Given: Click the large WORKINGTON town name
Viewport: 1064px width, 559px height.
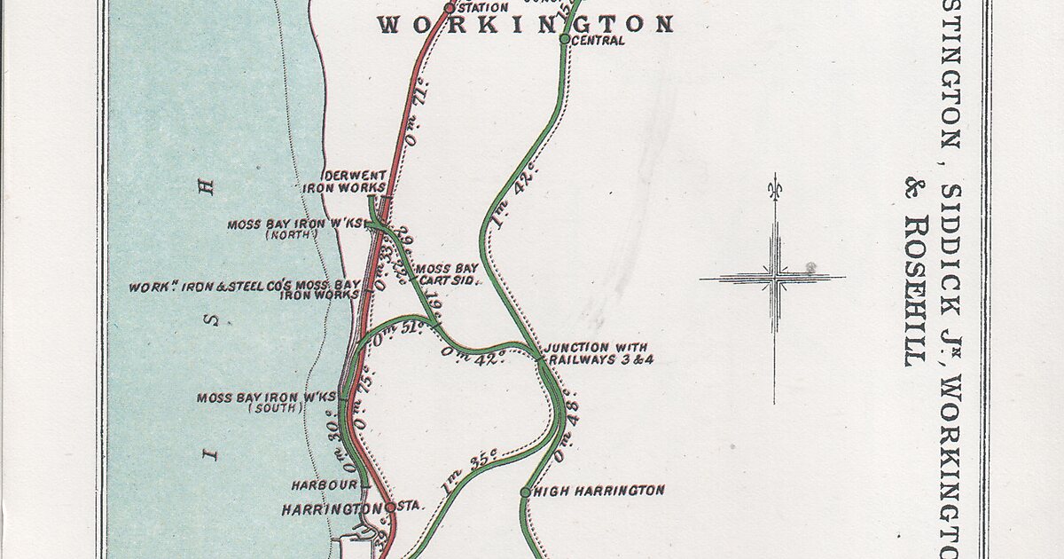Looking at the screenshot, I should pos(526,24).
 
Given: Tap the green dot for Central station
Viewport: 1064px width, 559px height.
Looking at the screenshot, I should pos(565,38).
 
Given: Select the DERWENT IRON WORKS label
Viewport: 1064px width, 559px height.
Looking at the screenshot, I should pos(344,181).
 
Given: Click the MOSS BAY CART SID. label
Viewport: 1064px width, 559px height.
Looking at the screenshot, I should pos(447,273).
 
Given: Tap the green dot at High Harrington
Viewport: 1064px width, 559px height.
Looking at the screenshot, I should pos(525,492).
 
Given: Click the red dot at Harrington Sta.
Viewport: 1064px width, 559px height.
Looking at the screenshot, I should pos(389,507).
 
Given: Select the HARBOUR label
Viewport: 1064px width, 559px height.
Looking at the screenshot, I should pos(324,485).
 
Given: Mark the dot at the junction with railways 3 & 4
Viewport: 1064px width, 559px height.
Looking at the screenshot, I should pos(540,358).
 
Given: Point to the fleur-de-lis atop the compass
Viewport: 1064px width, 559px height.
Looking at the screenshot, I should pos(774,187).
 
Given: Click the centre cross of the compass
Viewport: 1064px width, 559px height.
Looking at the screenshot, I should pos(774,279).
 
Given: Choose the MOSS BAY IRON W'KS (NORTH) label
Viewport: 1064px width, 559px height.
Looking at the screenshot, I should pos(294,229).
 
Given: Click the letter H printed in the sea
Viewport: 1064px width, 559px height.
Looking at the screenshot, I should pos(207,186).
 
